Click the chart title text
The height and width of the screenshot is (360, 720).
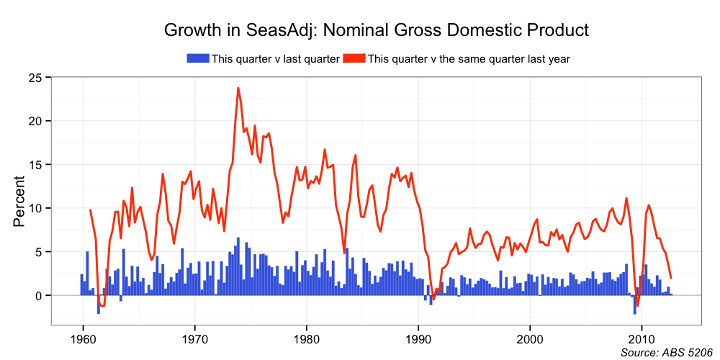coord(377,30)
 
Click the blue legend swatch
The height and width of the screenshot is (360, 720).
coord(197,58)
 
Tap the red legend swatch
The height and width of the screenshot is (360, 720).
coord(354,58)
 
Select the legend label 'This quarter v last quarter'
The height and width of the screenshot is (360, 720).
coord(275,59)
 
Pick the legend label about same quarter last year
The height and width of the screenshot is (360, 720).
coord(469,59)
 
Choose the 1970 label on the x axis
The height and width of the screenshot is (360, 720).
coord(194,339)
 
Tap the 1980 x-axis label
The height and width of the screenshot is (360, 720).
coord(307,339)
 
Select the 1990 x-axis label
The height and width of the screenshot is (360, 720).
coord(418,339)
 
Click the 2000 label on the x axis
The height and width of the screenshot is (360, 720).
coord(531,339)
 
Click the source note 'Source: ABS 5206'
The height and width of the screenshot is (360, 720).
coord(666,353)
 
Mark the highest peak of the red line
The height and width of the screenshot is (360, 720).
coord(238,88)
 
